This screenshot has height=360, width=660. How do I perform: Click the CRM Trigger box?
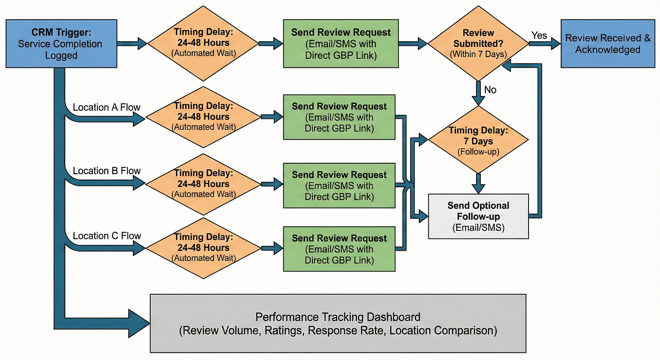[x=61, y=44]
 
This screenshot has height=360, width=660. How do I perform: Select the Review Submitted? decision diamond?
[x=478, y=44]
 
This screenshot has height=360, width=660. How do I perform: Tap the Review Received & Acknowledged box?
[x=607, y=44]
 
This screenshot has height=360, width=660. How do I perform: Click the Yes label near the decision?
[x=539, y=35]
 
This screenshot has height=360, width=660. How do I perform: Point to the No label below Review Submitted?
[x=490, y=90]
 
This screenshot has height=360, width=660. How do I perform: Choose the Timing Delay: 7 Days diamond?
[x=478, y=141]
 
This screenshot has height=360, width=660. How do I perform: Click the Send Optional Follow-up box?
[x=478, y=216]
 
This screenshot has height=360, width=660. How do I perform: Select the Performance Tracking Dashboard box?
[x=338, y=323]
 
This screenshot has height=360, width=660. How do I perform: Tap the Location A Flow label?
[x=107, y=107]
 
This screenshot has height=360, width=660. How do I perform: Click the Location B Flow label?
[x=107, y=171]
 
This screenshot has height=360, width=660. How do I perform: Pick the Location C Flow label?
[x=107, y=236]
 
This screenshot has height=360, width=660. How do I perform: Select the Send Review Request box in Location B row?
[x=339, y=185]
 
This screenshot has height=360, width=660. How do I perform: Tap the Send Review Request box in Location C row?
[x=339, y=249]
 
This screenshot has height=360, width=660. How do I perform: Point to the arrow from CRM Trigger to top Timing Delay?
[x=131, y=44]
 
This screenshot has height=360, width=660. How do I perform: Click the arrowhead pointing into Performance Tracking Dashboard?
[x=138, y=323]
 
